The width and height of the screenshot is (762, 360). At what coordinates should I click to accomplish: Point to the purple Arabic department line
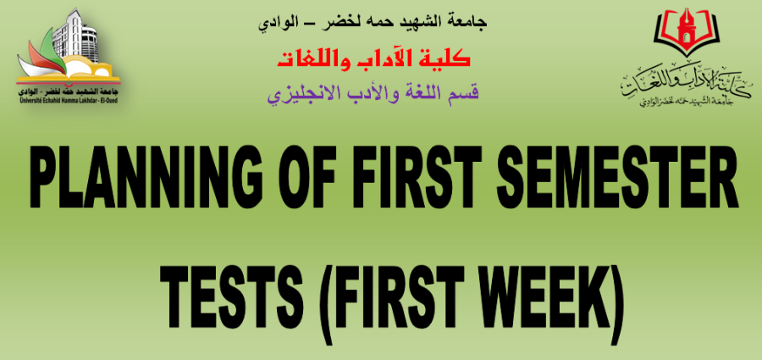tap(373, 92)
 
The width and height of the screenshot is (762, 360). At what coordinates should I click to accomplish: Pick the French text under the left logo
tap(68, 100)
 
